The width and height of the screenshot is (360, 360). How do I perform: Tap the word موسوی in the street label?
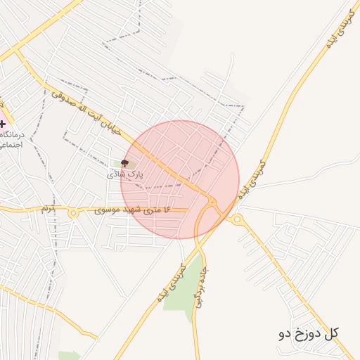(112, 209)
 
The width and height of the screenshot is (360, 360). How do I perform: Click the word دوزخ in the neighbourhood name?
(304, 333)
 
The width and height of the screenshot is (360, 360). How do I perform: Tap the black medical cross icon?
(4, 124)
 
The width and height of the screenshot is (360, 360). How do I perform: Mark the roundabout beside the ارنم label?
(73, 212)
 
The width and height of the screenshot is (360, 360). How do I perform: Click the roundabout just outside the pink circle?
(238, 219)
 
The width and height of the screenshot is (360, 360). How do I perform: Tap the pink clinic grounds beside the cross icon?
(4, 112)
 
